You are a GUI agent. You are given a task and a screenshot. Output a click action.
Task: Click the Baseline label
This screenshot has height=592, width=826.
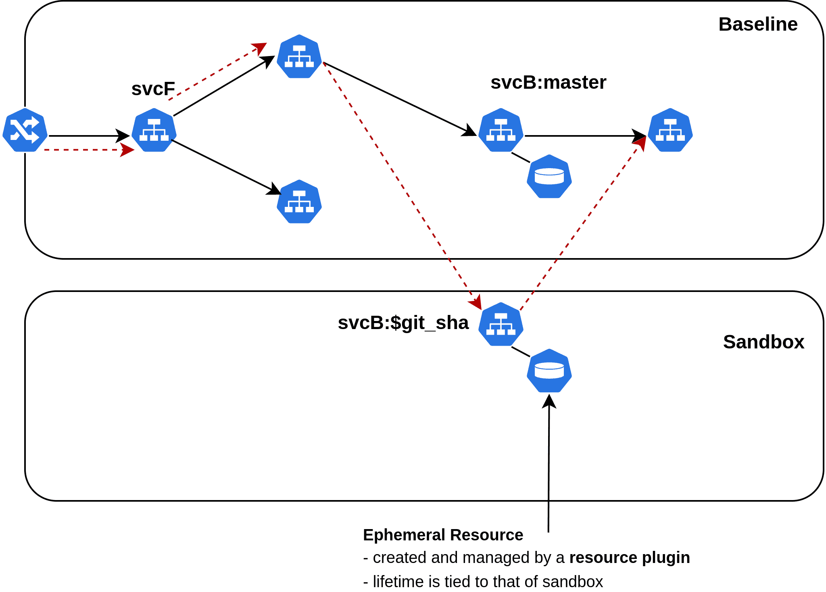pos(757,24)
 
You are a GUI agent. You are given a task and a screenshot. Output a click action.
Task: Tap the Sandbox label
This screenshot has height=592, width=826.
pos(763,342)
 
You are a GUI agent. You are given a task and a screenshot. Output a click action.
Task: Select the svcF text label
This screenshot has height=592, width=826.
pos(153,89)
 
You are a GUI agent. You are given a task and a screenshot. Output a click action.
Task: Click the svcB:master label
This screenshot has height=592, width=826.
pos(548,83)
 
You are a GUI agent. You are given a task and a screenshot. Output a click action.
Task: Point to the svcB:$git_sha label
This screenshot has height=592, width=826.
pos(403,323)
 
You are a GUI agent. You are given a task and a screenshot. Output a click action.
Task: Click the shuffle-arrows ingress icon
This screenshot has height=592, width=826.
pos(25,130)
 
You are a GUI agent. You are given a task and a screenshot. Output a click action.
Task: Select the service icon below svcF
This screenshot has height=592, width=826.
pos(154,130)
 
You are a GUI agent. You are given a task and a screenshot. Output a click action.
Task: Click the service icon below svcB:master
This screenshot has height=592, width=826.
pos(501,130)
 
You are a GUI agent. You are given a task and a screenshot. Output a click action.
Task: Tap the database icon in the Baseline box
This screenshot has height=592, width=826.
pos(549,177)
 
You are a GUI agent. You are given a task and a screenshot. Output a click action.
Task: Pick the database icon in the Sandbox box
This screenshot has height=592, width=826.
pos(549,371)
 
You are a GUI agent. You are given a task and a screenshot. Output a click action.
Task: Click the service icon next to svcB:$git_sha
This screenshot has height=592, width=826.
pos(501,324)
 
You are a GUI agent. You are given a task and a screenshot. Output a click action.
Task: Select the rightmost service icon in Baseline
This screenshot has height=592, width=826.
pos(670,130)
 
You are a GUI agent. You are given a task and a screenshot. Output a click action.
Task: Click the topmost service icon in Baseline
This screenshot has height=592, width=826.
pos(299,56)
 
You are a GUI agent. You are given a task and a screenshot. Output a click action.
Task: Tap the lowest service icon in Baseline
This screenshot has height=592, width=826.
pos(299,202)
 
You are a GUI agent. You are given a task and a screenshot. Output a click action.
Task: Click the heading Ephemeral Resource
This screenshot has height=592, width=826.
pos(443,535)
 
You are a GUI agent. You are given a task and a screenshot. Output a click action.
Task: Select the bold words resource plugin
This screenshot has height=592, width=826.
pos(629,558)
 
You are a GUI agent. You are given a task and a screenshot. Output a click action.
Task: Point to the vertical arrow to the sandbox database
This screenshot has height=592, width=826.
pos(549,464)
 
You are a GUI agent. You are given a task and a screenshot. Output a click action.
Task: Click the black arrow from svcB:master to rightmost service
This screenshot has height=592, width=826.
pos(585,136)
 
